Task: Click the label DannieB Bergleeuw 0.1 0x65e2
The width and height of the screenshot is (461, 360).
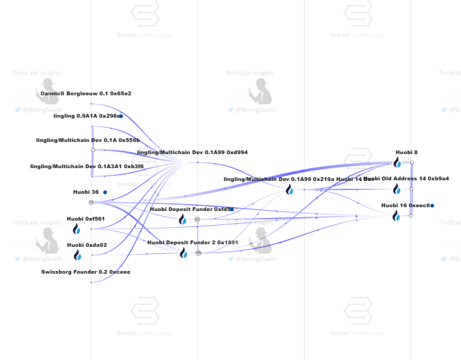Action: click(x=86, y=93)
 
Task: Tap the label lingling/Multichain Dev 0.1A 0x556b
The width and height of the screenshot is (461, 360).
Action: click(x=88, y=140)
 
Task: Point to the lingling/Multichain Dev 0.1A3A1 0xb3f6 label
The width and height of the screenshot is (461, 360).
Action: click(x=87, y=166)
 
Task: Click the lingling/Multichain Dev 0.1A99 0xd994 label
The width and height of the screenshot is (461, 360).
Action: click(x=192, y=152)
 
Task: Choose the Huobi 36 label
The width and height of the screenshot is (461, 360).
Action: click(x=86, y=192)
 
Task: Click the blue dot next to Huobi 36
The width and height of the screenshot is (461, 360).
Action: click(x=105, y=192)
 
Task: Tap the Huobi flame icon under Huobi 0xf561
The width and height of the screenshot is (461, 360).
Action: click(x=77, y=229)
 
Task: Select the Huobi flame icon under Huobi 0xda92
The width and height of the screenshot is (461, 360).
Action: click(x=77, y=255)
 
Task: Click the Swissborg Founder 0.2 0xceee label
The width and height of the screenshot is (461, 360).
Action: click(x=86, y=272)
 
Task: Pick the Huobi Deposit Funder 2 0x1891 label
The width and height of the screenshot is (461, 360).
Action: click(x=192, y=242)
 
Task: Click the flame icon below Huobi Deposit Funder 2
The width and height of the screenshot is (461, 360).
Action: click(x=184, y=253)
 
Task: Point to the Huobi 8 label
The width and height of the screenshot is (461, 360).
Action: click(x=407, y=152)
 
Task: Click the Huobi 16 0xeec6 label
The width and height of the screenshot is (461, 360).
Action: click(x=405, y=205)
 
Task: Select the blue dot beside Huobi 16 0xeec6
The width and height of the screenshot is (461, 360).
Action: click(x=432, y=205)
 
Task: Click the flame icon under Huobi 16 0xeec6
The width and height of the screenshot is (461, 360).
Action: click(x=396, y=216)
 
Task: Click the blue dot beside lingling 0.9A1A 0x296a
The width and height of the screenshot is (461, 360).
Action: click(x=120, y=116)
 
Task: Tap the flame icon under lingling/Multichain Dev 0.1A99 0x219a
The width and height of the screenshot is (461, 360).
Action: click(x=290, y=190)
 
